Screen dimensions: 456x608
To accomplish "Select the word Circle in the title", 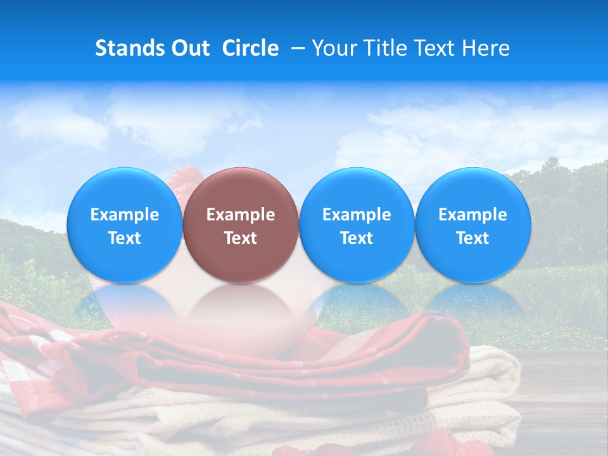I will (250, 48).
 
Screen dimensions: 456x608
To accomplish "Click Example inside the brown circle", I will (241, 215).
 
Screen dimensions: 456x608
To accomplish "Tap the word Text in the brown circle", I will (241, 238).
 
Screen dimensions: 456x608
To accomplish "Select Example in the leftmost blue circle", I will (125, 215).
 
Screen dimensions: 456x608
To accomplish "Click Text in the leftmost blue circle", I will (125, 238).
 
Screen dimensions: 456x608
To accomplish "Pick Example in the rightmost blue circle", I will (472, 215).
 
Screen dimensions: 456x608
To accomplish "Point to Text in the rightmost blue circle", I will (472, 238).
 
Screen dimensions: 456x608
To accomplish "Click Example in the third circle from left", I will (357, 215).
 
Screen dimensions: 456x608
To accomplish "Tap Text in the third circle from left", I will (357, 238).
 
